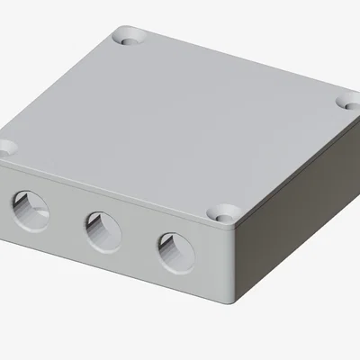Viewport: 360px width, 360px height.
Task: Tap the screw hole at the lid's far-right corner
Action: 349,102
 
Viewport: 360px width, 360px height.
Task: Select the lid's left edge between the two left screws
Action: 63,90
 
